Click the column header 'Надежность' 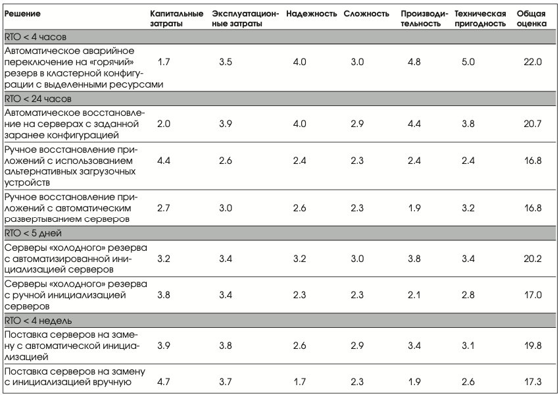[x=311, y=14]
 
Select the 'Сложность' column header [x=366, y=14]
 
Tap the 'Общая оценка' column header [x=531, y=18]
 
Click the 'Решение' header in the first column [x=22, y=14]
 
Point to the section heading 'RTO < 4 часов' [x=36, y=37]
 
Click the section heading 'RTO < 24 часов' [x=37, y=99]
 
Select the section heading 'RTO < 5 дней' [x=33, y=233]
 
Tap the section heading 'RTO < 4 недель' [x=37, y=321]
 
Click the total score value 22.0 [x=533, y=62]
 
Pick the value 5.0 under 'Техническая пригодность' [x=468, y=62]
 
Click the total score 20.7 [x=533, y=124]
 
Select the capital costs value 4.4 [x=164, y=161]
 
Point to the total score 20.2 [x=533, y=258]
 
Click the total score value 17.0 [x=533, y=295]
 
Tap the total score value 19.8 [x=533, y=346]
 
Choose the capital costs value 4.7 [x=164, y=382]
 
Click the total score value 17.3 [x=533, y=382]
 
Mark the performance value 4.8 [x=414, y=62]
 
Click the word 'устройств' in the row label [x=27, y=183]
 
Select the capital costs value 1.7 [x=164, y=62]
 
